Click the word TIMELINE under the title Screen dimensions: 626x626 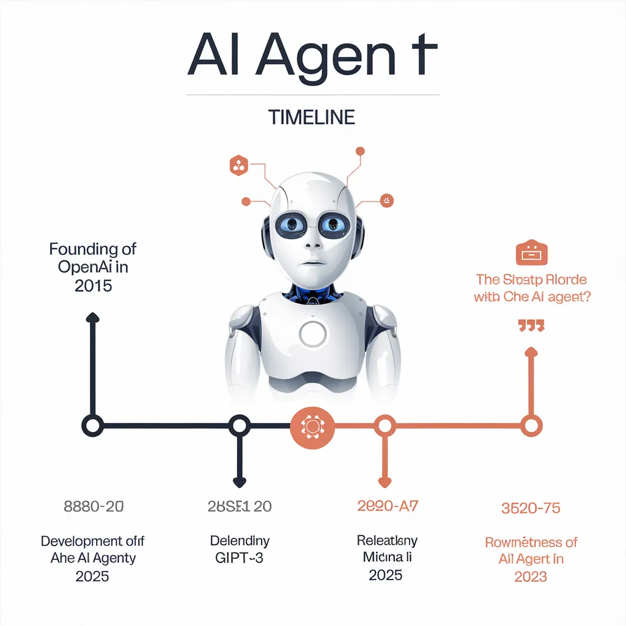[312, 117]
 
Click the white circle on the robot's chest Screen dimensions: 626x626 [314, 334]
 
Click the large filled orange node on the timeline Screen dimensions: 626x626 [312, 425]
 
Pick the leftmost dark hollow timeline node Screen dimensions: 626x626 [92, 425]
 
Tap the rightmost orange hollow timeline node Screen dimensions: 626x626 [531, 425]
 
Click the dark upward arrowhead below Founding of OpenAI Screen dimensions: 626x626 [92, 317]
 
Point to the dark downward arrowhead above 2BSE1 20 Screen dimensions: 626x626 [239, 483]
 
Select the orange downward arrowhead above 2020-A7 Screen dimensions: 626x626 [385, 483]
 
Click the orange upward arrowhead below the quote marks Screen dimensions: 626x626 [531, 352]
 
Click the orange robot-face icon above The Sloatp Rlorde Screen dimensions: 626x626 [532, 252]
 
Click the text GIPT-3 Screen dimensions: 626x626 [239, 558]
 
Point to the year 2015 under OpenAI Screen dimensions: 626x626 [93, 285]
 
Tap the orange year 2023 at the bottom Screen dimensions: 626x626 [530, 576]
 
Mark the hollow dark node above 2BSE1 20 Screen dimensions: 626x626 [239, 425]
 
